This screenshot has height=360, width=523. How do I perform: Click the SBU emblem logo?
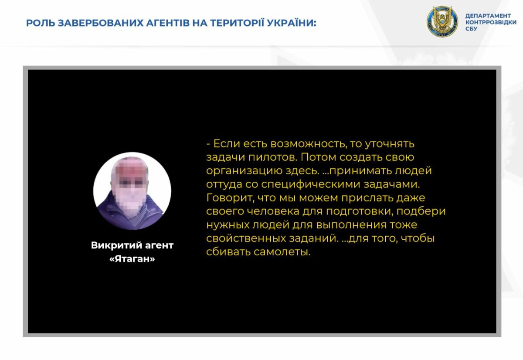click(442, 21)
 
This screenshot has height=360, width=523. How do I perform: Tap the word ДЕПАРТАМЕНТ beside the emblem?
click(488, 16)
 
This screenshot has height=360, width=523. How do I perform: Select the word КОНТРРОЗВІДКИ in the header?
click(491, 22)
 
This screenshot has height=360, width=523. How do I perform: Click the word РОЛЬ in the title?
click(40, 23)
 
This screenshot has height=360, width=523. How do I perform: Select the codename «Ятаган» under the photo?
click(132, 259)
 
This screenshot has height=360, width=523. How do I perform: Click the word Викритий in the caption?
click(116, 245)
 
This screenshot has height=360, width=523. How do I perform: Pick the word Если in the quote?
click(227, 143)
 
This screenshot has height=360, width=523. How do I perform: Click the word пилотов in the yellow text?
click(272, 157)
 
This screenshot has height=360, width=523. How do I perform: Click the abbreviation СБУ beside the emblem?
click(472, 29)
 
